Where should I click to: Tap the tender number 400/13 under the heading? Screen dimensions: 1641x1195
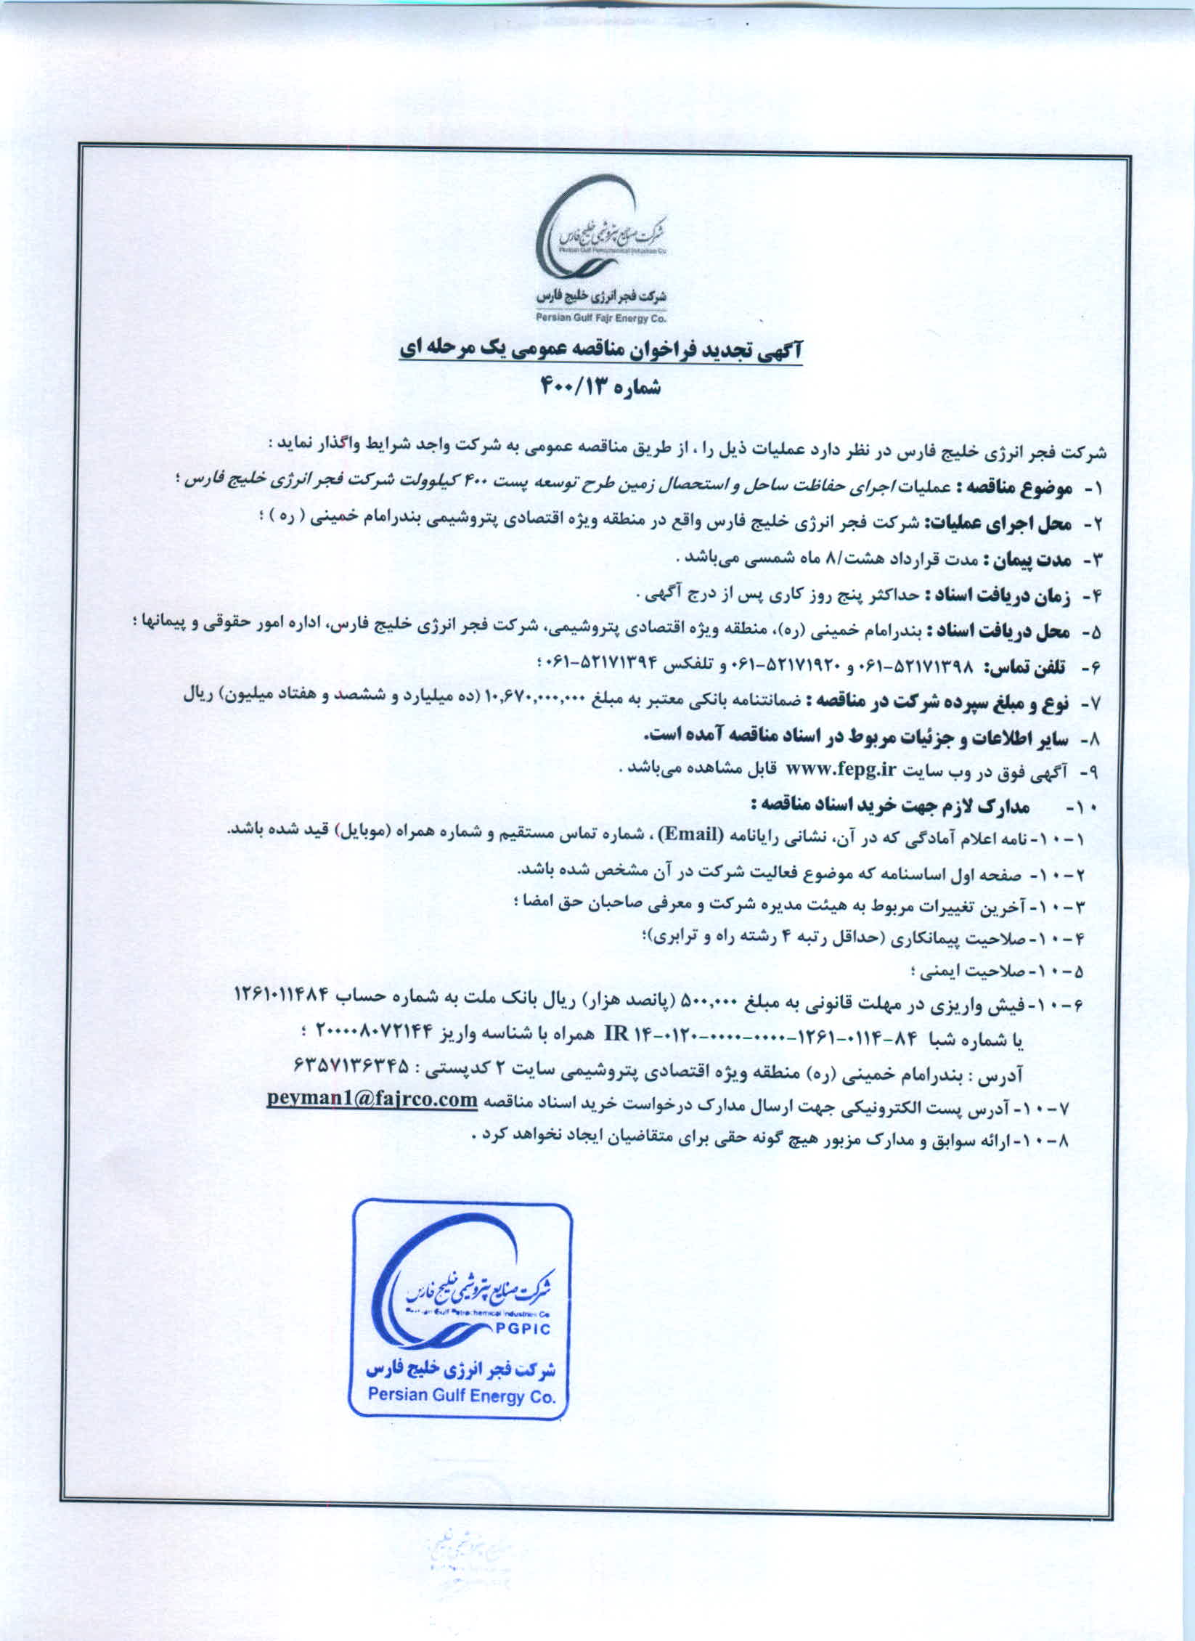(569, 387)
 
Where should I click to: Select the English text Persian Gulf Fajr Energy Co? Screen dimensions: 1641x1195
(601, 317)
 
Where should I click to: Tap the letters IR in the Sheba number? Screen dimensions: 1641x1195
(611, 1035)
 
